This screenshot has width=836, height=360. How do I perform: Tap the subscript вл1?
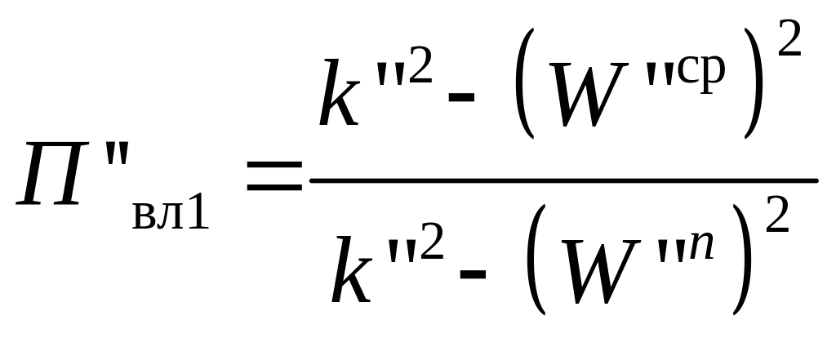[x=170, y=214]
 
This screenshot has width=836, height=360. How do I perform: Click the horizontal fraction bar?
[x=563, y=180]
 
